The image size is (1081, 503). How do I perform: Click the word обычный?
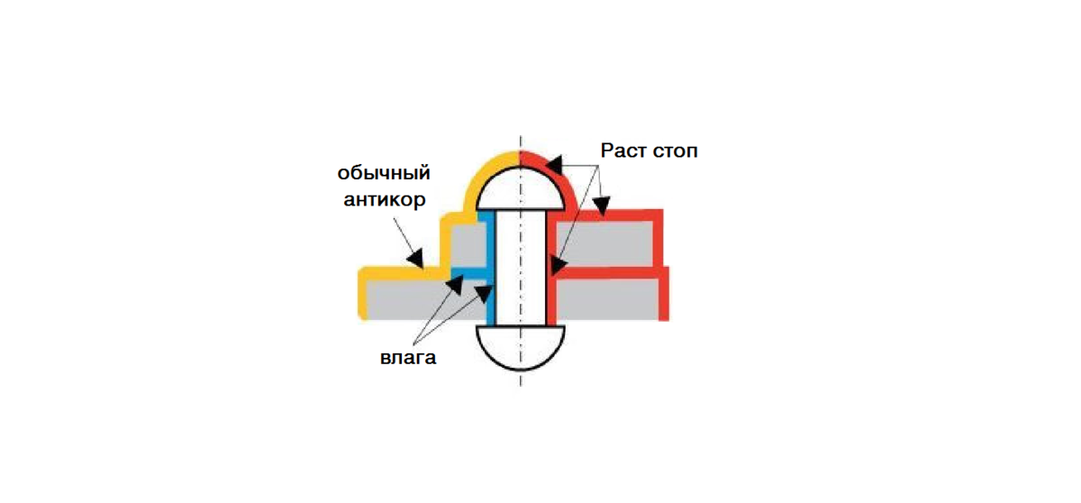[384, 172]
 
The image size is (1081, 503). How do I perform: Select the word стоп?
[675, 150]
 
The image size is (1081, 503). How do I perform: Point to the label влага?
[407, 358]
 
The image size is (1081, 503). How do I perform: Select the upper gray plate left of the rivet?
[467, 244]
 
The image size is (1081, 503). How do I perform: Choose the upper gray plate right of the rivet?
[603, 243]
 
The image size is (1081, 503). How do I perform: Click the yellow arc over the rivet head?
[486, 172]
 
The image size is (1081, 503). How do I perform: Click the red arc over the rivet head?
[550, 168]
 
